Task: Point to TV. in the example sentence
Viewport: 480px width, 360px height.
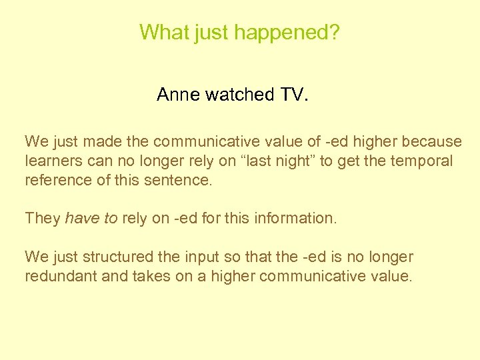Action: (294, 95)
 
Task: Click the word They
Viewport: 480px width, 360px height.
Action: (42, 218)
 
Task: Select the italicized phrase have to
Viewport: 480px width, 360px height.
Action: (92, 218)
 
